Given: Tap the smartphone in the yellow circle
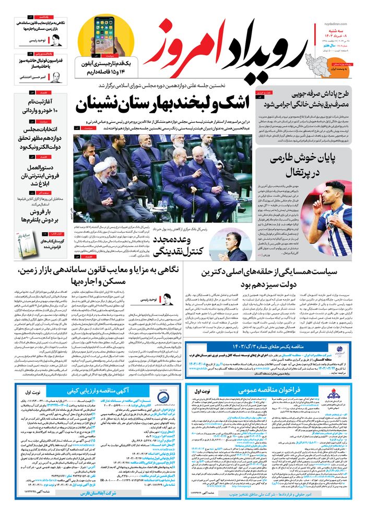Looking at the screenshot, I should click(x=105, y=34).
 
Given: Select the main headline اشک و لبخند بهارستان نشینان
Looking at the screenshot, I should click(x=164, y=104).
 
